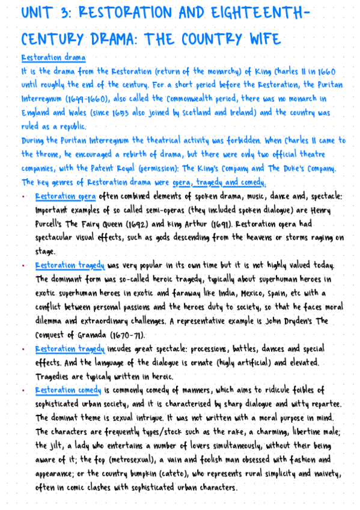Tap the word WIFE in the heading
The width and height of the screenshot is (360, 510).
tap(260, 40)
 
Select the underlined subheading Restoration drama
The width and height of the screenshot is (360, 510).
tap(53, 58)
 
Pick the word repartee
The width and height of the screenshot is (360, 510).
tap(307, 404)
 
